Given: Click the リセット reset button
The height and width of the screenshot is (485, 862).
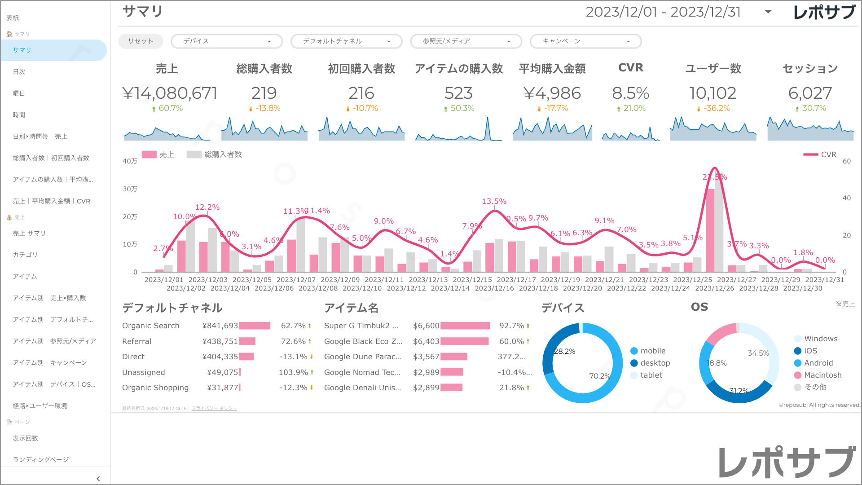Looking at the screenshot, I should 141,41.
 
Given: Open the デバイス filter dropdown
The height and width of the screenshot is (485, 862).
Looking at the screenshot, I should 227,41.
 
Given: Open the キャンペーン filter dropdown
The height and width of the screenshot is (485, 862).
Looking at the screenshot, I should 585,41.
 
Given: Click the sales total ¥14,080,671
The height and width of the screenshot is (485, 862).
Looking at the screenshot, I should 170,93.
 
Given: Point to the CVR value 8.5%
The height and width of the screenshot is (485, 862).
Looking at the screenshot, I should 630,93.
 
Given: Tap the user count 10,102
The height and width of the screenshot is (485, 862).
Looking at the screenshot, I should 712,93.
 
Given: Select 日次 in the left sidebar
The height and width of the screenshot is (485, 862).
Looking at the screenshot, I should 19,72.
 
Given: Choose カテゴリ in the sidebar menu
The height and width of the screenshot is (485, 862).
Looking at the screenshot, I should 25,255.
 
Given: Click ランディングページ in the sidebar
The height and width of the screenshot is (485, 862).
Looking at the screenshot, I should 41,459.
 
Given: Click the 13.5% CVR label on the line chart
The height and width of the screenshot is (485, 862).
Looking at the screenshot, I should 494,201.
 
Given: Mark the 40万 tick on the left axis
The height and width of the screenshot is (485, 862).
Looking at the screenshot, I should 130,161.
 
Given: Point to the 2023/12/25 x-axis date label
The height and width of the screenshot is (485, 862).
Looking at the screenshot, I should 692,280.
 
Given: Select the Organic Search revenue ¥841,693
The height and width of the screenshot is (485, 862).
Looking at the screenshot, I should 220,326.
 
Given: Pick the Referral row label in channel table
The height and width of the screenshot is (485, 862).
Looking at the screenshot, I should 136,341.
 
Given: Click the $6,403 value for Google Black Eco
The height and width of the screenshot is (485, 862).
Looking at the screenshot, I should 426,341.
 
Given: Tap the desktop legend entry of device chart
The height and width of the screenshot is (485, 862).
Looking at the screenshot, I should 655,363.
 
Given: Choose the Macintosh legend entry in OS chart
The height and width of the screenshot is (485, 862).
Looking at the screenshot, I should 822,375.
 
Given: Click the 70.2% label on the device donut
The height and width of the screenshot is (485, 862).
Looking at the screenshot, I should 599,376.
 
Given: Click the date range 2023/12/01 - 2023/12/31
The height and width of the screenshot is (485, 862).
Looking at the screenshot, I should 663,12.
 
